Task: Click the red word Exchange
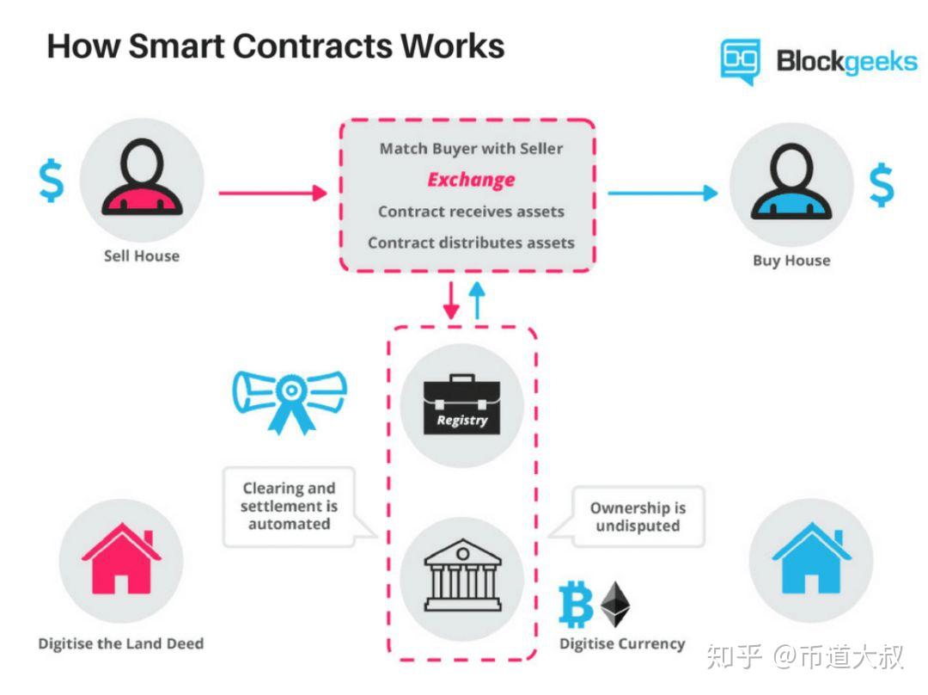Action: coord(471,180)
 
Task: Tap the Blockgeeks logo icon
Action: coord(740,61)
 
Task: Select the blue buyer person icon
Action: coord(791,184)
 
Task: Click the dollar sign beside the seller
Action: coord(52,181)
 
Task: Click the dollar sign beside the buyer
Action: coord(881,187)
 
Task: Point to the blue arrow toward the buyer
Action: coord(662,193)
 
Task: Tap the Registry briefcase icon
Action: coord(462,404)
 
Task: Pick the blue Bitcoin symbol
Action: coord(576,604)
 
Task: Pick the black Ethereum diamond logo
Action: coord(615,604)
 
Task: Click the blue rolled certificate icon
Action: coord(290,397)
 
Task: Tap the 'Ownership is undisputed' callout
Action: coord(637,517)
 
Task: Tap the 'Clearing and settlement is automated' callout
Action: coord(289,506)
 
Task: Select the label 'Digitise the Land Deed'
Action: coord(121,643)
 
